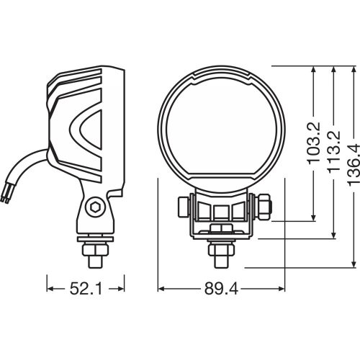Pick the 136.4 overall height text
(353, 164)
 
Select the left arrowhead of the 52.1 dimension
(50, 289)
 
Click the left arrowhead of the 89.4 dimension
(161, 289)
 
